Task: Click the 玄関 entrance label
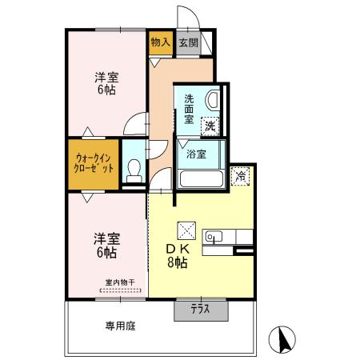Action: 189,42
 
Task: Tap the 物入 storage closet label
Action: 160,42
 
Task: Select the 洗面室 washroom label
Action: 189,109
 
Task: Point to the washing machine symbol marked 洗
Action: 210,125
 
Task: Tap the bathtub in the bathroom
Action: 200,176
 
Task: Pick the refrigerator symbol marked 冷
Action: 239,176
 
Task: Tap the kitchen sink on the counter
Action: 215,236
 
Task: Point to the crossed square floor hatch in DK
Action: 186,230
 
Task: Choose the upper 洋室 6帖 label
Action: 106,84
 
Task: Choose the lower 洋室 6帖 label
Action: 106,245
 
